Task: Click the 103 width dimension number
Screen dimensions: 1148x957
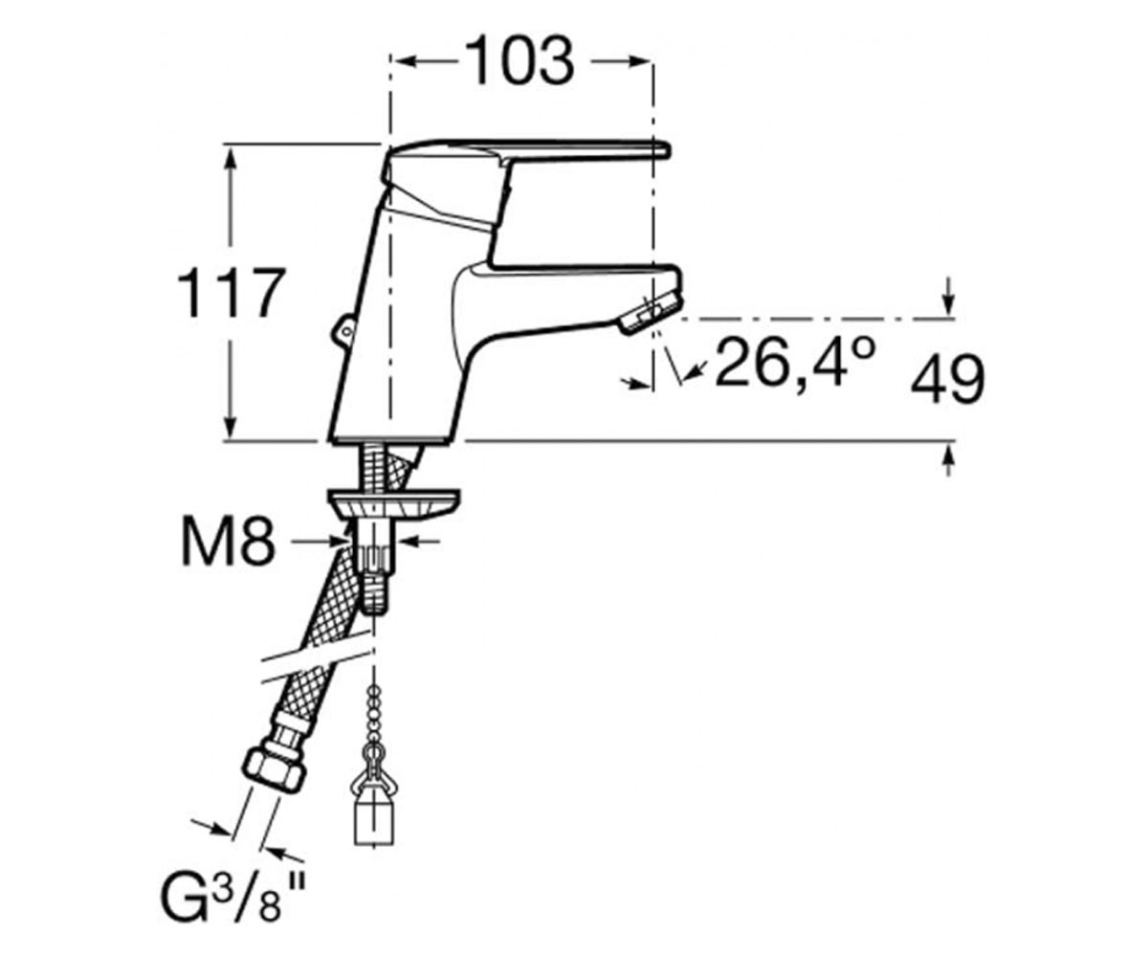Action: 519,61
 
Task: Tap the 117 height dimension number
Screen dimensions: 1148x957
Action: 231,292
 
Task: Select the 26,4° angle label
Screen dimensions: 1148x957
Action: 794,363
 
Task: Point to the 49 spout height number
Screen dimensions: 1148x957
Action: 947,379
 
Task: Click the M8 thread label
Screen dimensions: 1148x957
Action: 228,542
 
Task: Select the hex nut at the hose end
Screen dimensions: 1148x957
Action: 274,770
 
